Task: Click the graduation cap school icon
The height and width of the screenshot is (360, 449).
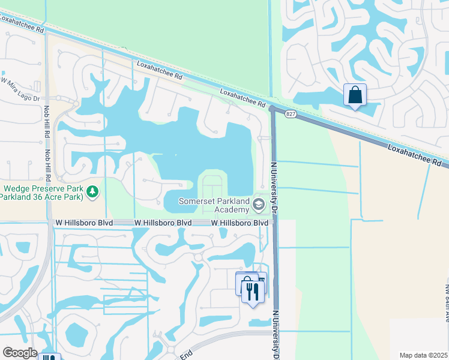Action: (259, 205)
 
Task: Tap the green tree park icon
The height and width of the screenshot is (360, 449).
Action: (92, 191)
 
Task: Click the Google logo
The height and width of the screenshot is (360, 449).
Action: (20, 352)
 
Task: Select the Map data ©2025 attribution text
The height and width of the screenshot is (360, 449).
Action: (423, 355)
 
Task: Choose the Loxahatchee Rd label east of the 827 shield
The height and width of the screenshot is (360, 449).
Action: (415, 155)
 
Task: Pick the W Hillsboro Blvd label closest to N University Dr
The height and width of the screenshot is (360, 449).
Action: (240, 223)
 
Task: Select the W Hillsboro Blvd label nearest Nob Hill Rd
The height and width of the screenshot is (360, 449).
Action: (82, 223)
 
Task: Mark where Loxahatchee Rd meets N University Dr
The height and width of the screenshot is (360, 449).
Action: (273, 109)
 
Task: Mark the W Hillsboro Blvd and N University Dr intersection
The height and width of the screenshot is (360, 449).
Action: (275, 222)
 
